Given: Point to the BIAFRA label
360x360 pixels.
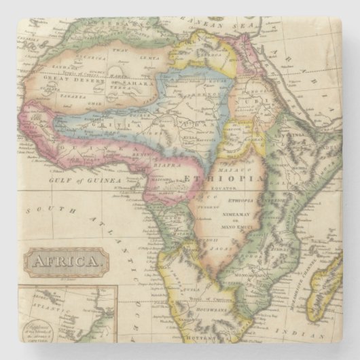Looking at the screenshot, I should click(168, 163).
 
